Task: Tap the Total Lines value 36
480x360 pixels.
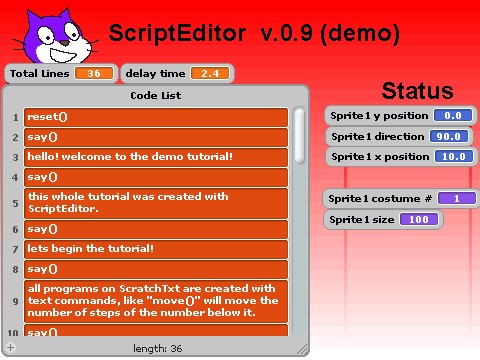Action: tap(94, 74)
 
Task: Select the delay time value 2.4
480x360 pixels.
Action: tap(209, 74)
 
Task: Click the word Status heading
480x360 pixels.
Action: tap(417, 91)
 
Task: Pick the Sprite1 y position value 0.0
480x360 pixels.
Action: tap(452, 115)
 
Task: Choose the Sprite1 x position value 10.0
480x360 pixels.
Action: tap(452, 157)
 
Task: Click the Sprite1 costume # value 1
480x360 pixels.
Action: tap(456, 198)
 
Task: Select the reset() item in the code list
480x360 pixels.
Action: tap(155, 117)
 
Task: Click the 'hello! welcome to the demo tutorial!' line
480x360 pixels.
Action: tap(155, 157)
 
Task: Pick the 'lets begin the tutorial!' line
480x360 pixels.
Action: tap(155, 248)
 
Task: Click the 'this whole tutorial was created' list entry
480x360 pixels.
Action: tap(155, 203)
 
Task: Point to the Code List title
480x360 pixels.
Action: tap(156, 96)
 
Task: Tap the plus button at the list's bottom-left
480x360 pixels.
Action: tap(11, 347)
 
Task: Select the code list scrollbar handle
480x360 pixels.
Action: tap(299, 135)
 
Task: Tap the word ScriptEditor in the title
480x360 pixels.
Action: tap(176, 34)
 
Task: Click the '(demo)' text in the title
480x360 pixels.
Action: tap(360, 34)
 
